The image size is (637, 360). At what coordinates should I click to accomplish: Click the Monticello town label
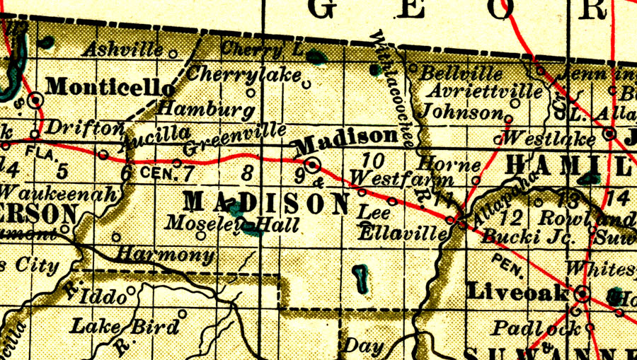point(110,87)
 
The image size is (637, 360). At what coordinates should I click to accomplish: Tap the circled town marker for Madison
point(313,166)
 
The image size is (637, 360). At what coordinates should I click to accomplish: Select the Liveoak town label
point(518,292)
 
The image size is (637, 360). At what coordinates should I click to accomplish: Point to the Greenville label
point(234,139)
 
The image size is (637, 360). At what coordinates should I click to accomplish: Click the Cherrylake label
point(245,74)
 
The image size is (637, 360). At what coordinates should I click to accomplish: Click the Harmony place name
point(165,254)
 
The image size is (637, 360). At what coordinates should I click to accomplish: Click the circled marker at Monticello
point(35,100)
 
